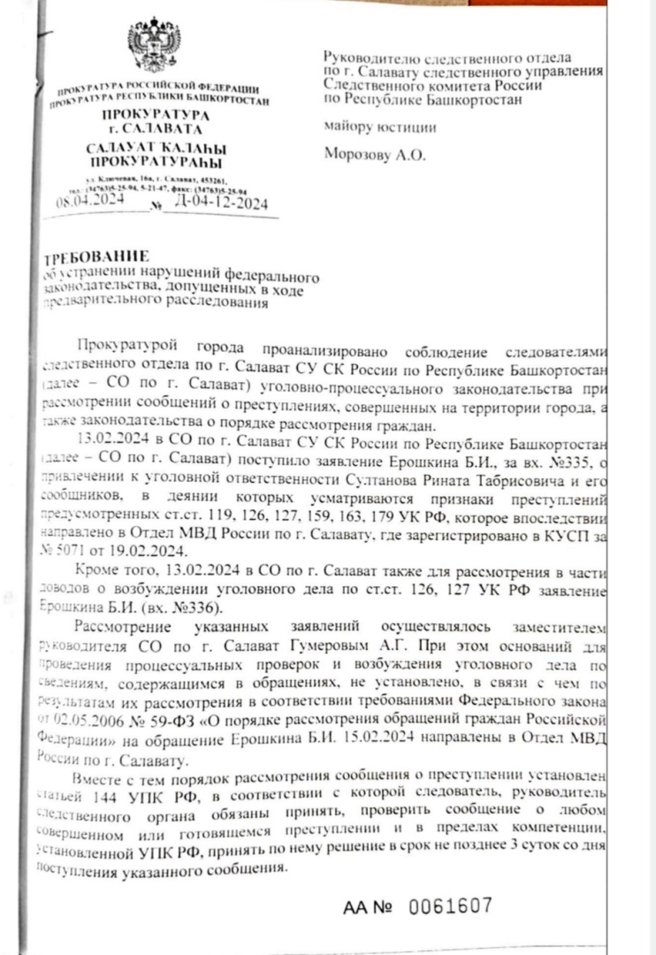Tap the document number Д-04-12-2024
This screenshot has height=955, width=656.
[221, 203]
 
